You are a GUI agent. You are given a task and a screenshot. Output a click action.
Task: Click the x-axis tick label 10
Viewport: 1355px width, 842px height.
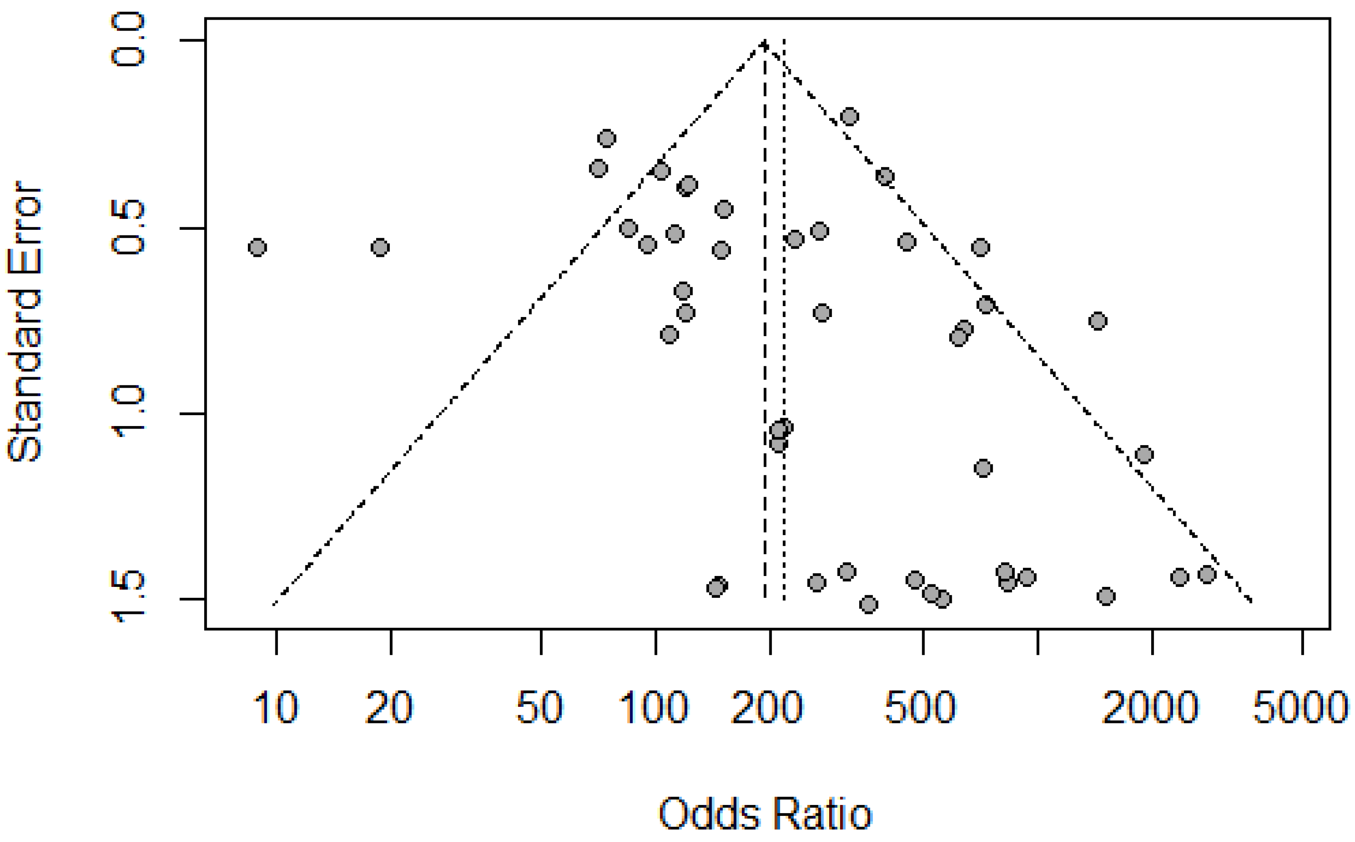tap(276, 708)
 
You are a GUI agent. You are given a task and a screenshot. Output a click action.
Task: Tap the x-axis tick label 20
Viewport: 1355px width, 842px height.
tap(389, 708)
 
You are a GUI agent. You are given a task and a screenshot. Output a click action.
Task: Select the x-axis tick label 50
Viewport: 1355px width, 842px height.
tap(540, 708)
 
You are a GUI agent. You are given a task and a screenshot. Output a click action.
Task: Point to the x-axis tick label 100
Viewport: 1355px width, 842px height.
tap(654, 708)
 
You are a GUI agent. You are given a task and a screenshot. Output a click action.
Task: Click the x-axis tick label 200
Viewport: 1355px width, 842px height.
tap(767, 708)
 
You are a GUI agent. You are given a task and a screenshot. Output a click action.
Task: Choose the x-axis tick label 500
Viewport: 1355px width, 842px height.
tap(920, 708)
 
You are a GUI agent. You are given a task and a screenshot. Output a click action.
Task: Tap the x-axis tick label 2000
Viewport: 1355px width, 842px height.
tap(1150, 708)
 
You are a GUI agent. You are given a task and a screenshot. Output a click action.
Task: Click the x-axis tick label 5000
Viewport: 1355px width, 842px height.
tap(1300, 708)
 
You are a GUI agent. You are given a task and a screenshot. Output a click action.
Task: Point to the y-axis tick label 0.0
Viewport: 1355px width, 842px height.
tap(128, 40)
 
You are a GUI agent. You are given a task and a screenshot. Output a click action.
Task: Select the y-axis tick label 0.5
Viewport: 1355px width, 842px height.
tap(128, 227)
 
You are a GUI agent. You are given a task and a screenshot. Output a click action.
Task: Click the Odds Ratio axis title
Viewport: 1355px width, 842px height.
tap(765, 814)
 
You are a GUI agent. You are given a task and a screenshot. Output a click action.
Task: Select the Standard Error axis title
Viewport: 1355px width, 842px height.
tap(25, 321)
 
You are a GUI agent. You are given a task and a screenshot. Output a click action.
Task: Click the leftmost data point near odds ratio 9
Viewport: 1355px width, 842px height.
tap(257, 247)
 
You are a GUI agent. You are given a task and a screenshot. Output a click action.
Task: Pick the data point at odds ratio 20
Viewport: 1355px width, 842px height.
tap(380, 247)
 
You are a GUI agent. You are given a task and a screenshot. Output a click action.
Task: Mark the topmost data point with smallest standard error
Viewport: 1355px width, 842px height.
tap(850, 117)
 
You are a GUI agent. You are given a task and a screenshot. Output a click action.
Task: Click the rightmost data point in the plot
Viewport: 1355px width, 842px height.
tap(1207, 574)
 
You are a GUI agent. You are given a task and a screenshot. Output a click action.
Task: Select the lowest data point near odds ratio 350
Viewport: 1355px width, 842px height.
tap(868, 604)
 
